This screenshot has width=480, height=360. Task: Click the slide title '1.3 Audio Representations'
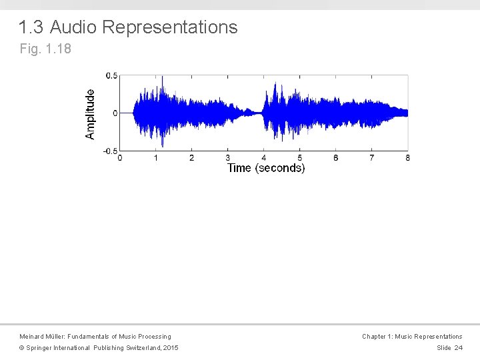click(128, 27)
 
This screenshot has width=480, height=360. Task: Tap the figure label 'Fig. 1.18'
click(45, 49)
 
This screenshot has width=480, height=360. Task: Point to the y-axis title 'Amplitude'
click(90, 114)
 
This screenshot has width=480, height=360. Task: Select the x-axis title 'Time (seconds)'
click(266, 168)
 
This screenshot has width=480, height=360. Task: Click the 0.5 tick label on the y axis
click(111, 76)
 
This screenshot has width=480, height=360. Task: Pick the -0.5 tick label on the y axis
click(110, 151)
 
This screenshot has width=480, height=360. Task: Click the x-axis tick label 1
click(156, 158)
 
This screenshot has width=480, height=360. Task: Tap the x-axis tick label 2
click(192, 158)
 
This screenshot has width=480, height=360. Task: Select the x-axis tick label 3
click(228, 158)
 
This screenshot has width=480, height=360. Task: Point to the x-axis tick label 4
click(264, 158)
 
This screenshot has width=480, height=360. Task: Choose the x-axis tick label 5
click(300, 158)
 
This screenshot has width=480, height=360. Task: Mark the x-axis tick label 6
click(336, 158)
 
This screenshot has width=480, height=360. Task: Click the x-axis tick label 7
click(372, 158)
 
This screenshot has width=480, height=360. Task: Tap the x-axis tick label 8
click(407, 158)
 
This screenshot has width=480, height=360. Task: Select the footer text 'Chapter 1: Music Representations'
click(412, 337)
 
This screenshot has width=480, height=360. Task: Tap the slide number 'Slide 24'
click(449, 348)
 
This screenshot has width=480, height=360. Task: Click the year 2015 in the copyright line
click(171, 348)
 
